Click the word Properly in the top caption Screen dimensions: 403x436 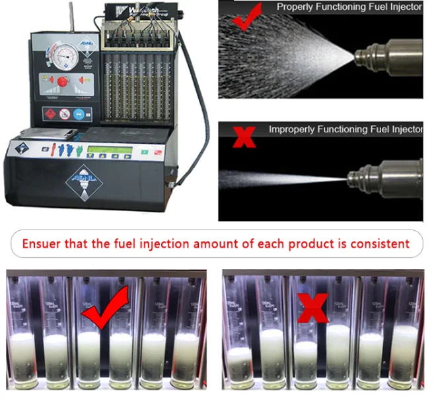pos(299,7)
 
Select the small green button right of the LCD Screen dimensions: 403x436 pos(144,152)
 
